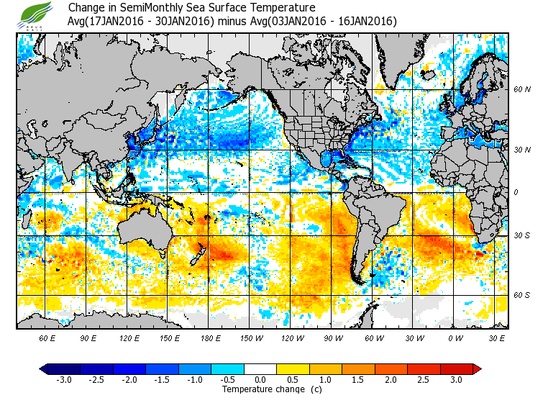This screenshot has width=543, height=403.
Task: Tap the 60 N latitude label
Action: pyautogui.click(x=522, y=90)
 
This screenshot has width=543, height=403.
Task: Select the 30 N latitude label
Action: pyautogui.click(x=522, y=150)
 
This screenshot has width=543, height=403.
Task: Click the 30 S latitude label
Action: pyautogui.click(x=522, y=235)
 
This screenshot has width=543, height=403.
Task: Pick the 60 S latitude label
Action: pyautogui.click(x=522, y=295)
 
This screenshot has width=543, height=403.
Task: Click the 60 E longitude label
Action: pyautogui.click(x=47, y=338)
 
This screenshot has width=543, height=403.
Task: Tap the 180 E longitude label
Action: pyautogui.click(x=211, y=338)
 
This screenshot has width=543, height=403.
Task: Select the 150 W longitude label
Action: pyautogui.click(x=251, y=338)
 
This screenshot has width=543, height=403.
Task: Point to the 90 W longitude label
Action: pyautogui.click(x=332, y=338)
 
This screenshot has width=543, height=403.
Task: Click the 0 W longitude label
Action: pyautogui.click(x=455, y=338)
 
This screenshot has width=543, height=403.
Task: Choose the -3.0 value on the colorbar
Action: pyautogui.click(x=63, y=379)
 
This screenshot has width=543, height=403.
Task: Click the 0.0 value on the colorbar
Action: pyautogui.click(x=260, y=379)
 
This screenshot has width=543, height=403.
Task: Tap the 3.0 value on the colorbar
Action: pyautogui.click(x=456, y=379)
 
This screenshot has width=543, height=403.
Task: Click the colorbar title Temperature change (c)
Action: pyautogui.click(x=261, y=389)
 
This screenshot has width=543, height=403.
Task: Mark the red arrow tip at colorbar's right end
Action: pyautogui.click(x=478, y=368)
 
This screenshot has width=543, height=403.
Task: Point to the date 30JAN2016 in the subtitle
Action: pyautogui.click(x=186, y=22)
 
